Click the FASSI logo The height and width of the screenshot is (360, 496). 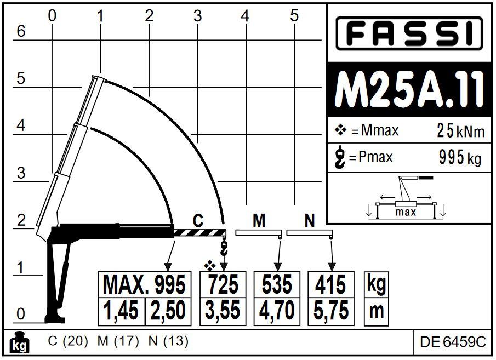[409, 33]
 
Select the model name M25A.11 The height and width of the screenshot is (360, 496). [409, 89]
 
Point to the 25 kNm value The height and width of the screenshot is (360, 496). [460, 130]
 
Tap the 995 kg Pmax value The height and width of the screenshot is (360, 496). [460, 157]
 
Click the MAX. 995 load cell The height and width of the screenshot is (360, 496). [145, 284]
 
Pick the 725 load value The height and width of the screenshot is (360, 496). [223, 284]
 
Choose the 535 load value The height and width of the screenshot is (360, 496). [277, 284]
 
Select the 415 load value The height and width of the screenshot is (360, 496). [330, 284]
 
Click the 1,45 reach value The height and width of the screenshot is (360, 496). [122, 311]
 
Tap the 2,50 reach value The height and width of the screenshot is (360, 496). [168, 311]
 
